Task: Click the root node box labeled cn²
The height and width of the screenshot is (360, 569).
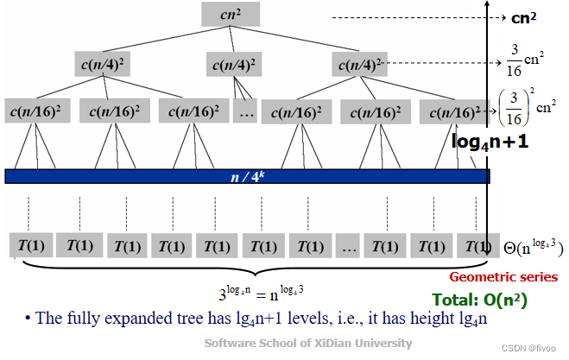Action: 230,14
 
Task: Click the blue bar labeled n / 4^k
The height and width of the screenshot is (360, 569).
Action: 247,176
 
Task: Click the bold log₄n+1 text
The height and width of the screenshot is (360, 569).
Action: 490,141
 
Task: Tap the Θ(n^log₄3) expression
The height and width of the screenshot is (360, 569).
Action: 532,248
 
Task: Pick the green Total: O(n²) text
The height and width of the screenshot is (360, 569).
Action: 480,301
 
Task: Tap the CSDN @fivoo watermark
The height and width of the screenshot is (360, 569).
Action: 533,350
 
